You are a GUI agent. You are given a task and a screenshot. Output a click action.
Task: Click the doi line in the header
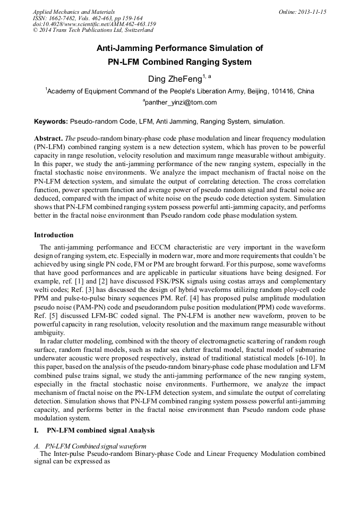pos(95,24)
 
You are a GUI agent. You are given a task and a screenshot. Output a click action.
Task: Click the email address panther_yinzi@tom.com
pos(181,102)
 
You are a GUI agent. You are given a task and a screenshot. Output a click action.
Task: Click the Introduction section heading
pos(54,235)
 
